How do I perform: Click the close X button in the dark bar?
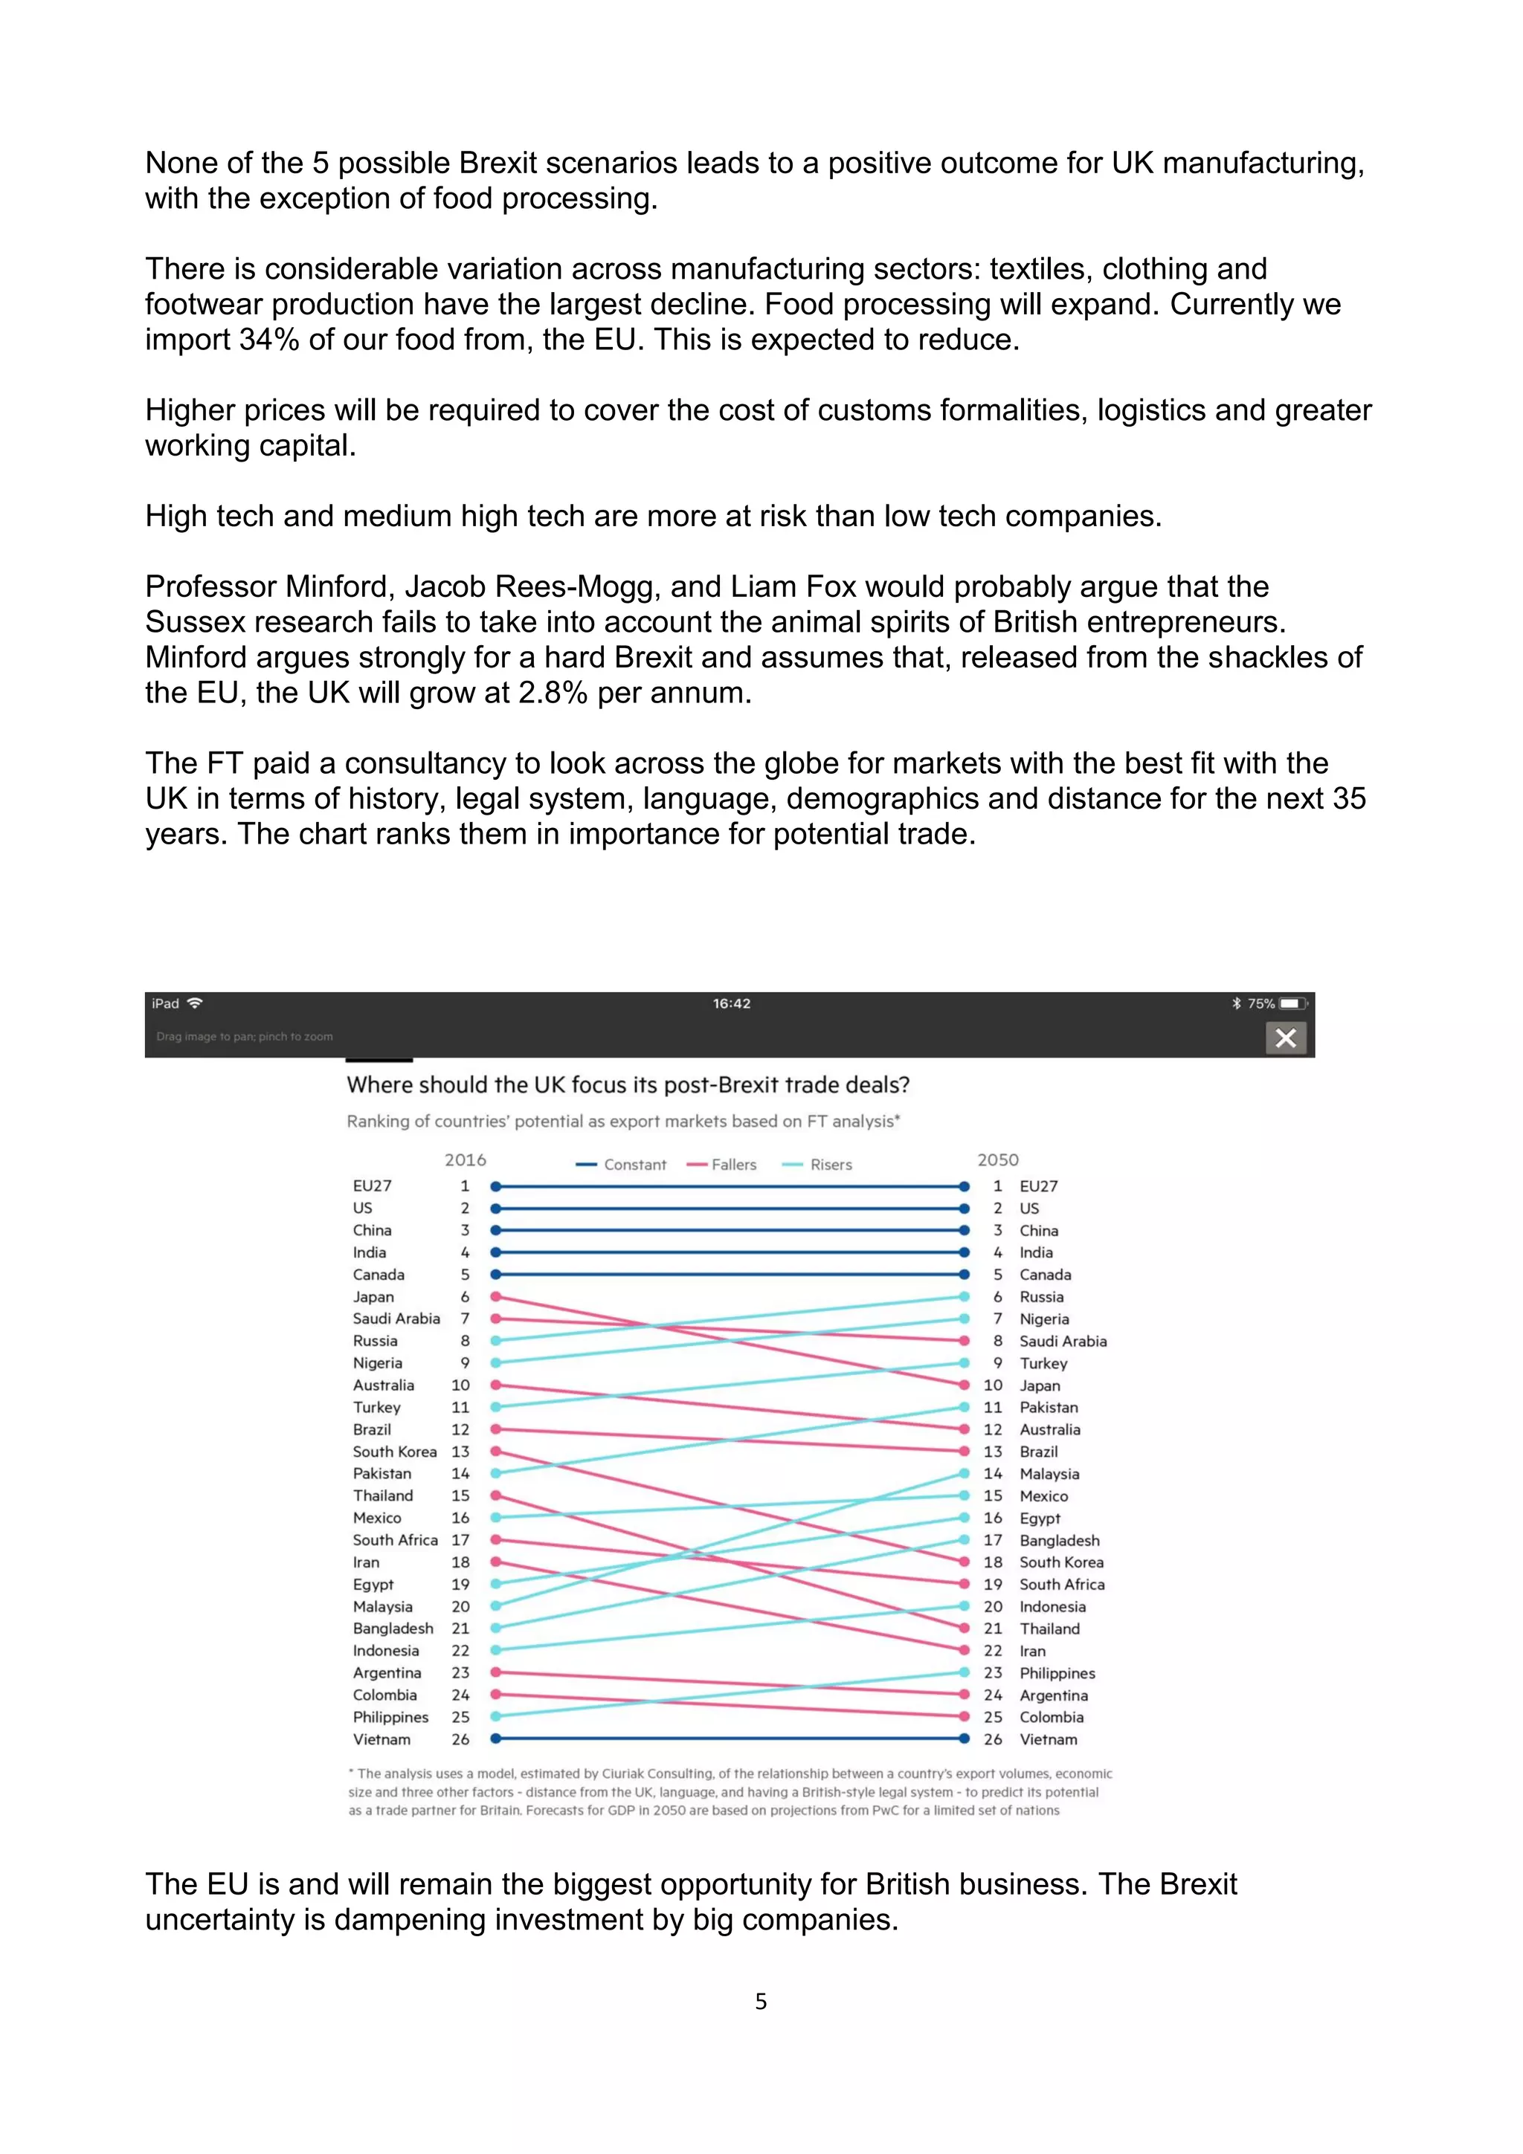[1286, 1038]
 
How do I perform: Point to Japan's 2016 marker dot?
[495, 1296]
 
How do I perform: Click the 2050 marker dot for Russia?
[964, 1296]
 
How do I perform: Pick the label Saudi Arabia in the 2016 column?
[396, 1318]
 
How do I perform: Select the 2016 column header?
[466, 1160]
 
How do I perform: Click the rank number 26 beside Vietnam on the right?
[993, 1739]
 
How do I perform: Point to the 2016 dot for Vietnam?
[495, 1739]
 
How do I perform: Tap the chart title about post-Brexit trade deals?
[628, 1084]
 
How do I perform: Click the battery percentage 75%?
[1260, 1003]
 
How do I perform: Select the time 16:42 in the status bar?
[731, 1003]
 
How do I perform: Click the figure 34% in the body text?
[268, 340]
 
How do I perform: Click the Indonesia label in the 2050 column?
[1052, 1606]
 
